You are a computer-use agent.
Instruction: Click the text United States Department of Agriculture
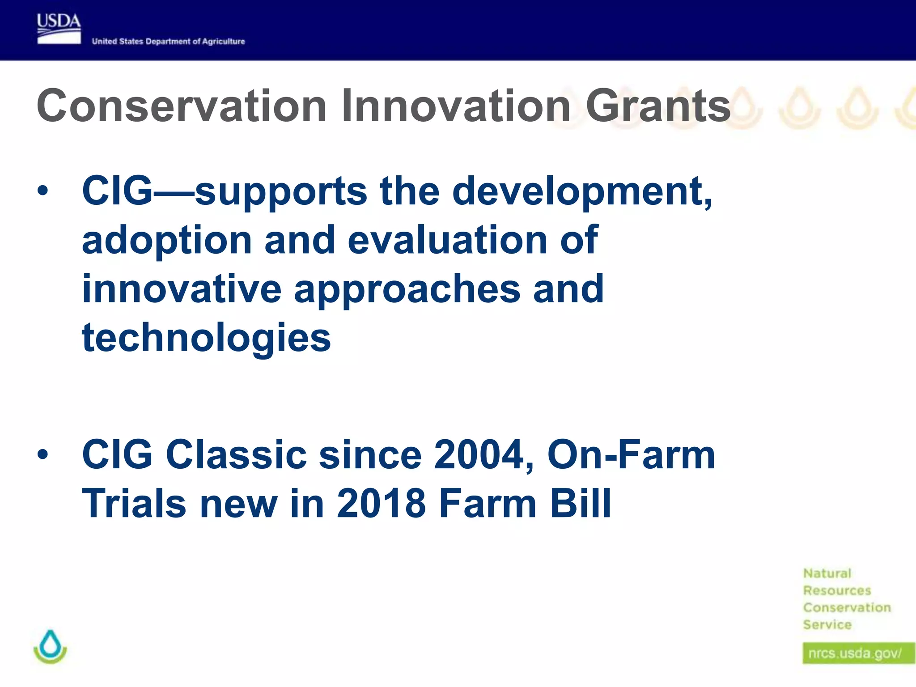coord(168,42)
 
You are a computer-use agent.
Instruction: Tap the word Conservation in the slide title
coord(182,106)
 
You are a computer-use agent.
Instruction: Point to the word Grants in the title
coord(657,106)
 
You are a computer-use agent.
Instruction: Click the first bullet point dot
coord(42,191)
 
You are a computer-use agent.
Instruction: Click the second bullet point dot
coord(42,455)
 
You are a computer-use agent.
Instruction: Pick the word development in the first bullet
coord(581,191)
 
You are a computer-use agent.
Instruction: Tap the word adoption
coord(167,241)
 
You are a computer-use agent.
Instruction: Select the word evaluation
coord(447,241)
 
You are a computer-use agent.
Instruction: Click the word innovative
coord(182,289)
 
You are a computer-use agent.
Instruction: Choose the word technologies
coord(206,338)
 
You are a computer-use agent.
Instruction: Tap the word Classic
coord(236,455)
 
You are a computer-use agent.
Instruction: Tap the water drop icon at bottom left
coord(50,647)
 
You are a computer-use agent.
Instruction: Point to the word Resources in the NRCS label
coord(837,591)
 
